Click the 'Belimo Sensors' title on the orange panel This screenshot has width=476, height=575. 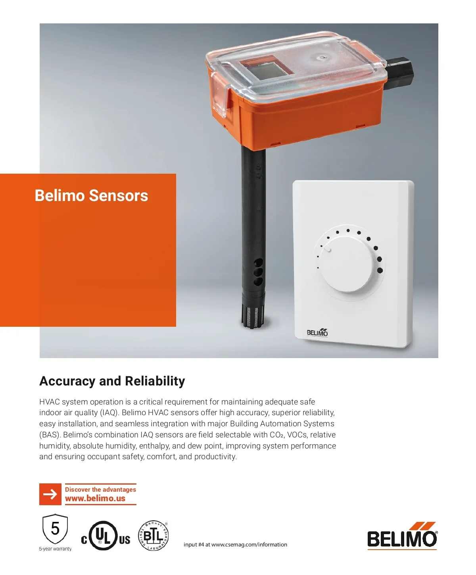click(x=91, y=195)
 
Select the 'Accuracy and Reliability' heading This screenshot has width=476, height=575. click(x=112, y=381)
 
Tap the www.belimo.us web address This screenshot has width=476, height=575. click(x=95, y=498)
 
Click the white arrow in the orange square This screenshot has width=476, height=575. click(x=50, y=494)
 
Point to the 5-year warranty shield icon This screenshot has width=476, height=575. click(x=55, y=529)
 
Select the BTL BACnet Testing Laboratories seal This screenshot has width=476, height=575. click(x=153, y=536)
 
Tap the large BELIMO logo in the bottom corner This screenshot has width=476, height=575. click(x=402, y=536)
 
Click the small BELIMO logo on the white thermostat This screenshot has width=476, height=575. click(x=317, y=332)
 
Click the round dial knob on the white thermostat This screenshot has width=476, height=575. click(x=347, y=264)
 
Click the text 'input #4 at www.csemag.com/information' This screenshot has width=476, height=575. click(x=235, y=544)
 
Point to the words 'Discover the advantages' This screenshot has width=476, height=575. click(x=100, y=489)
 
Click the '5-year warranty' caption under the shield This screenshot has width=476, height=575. click(x=55, y=548)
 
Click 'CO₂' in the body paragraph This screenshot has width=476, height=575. click(x=277, y=435)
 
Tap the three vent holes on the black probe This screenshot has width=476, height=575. click(x=258, y=272)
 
